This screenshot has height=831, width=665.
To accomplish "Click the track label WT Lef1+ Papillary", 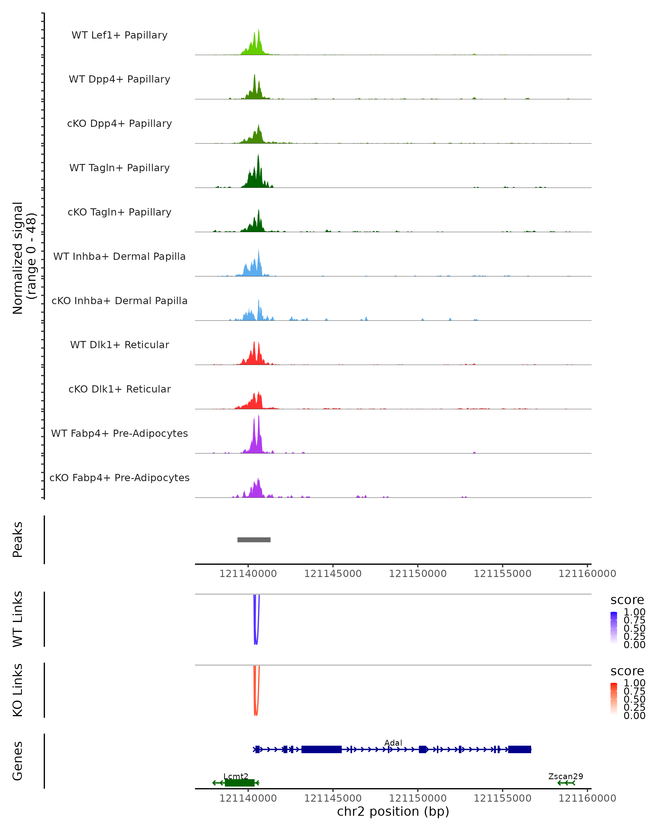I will pos(119,35).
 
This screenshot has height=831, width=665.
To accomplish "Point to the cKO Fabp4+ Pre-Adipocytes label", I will pos(119,478).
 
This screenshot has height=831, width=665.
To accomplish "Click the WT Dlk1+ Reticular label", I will pos(119,345).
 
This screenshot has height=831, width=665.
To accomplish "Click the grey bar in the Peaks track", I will pos(254,540).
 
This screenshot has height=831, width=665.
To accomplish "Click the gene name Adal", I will pos(393,743).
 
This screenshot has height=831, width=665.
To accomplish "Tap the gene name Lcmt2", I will pos(236,776).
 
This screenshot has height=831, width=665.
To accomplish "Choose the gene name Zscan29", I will pos(566,776).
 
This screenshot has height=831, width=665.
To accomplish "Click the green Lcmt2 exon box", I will pos(239,783).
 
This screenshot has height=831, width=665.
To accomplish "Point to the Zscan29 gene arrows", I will pos(566,783).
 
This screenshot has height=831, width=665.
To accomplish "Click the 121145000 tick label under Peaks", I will pos(333,574).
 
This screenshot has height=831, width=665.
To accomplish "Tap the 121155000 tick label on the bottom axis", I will pos(502,798).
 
